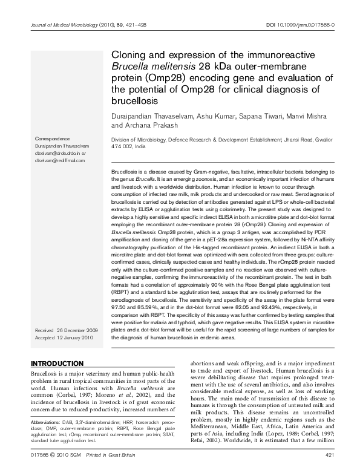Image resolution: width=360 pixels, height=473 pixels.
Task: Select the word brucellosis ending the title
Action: pos(134,100)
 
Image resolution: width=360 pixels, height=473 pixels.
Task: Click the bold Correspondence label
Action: pos(53,139)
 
